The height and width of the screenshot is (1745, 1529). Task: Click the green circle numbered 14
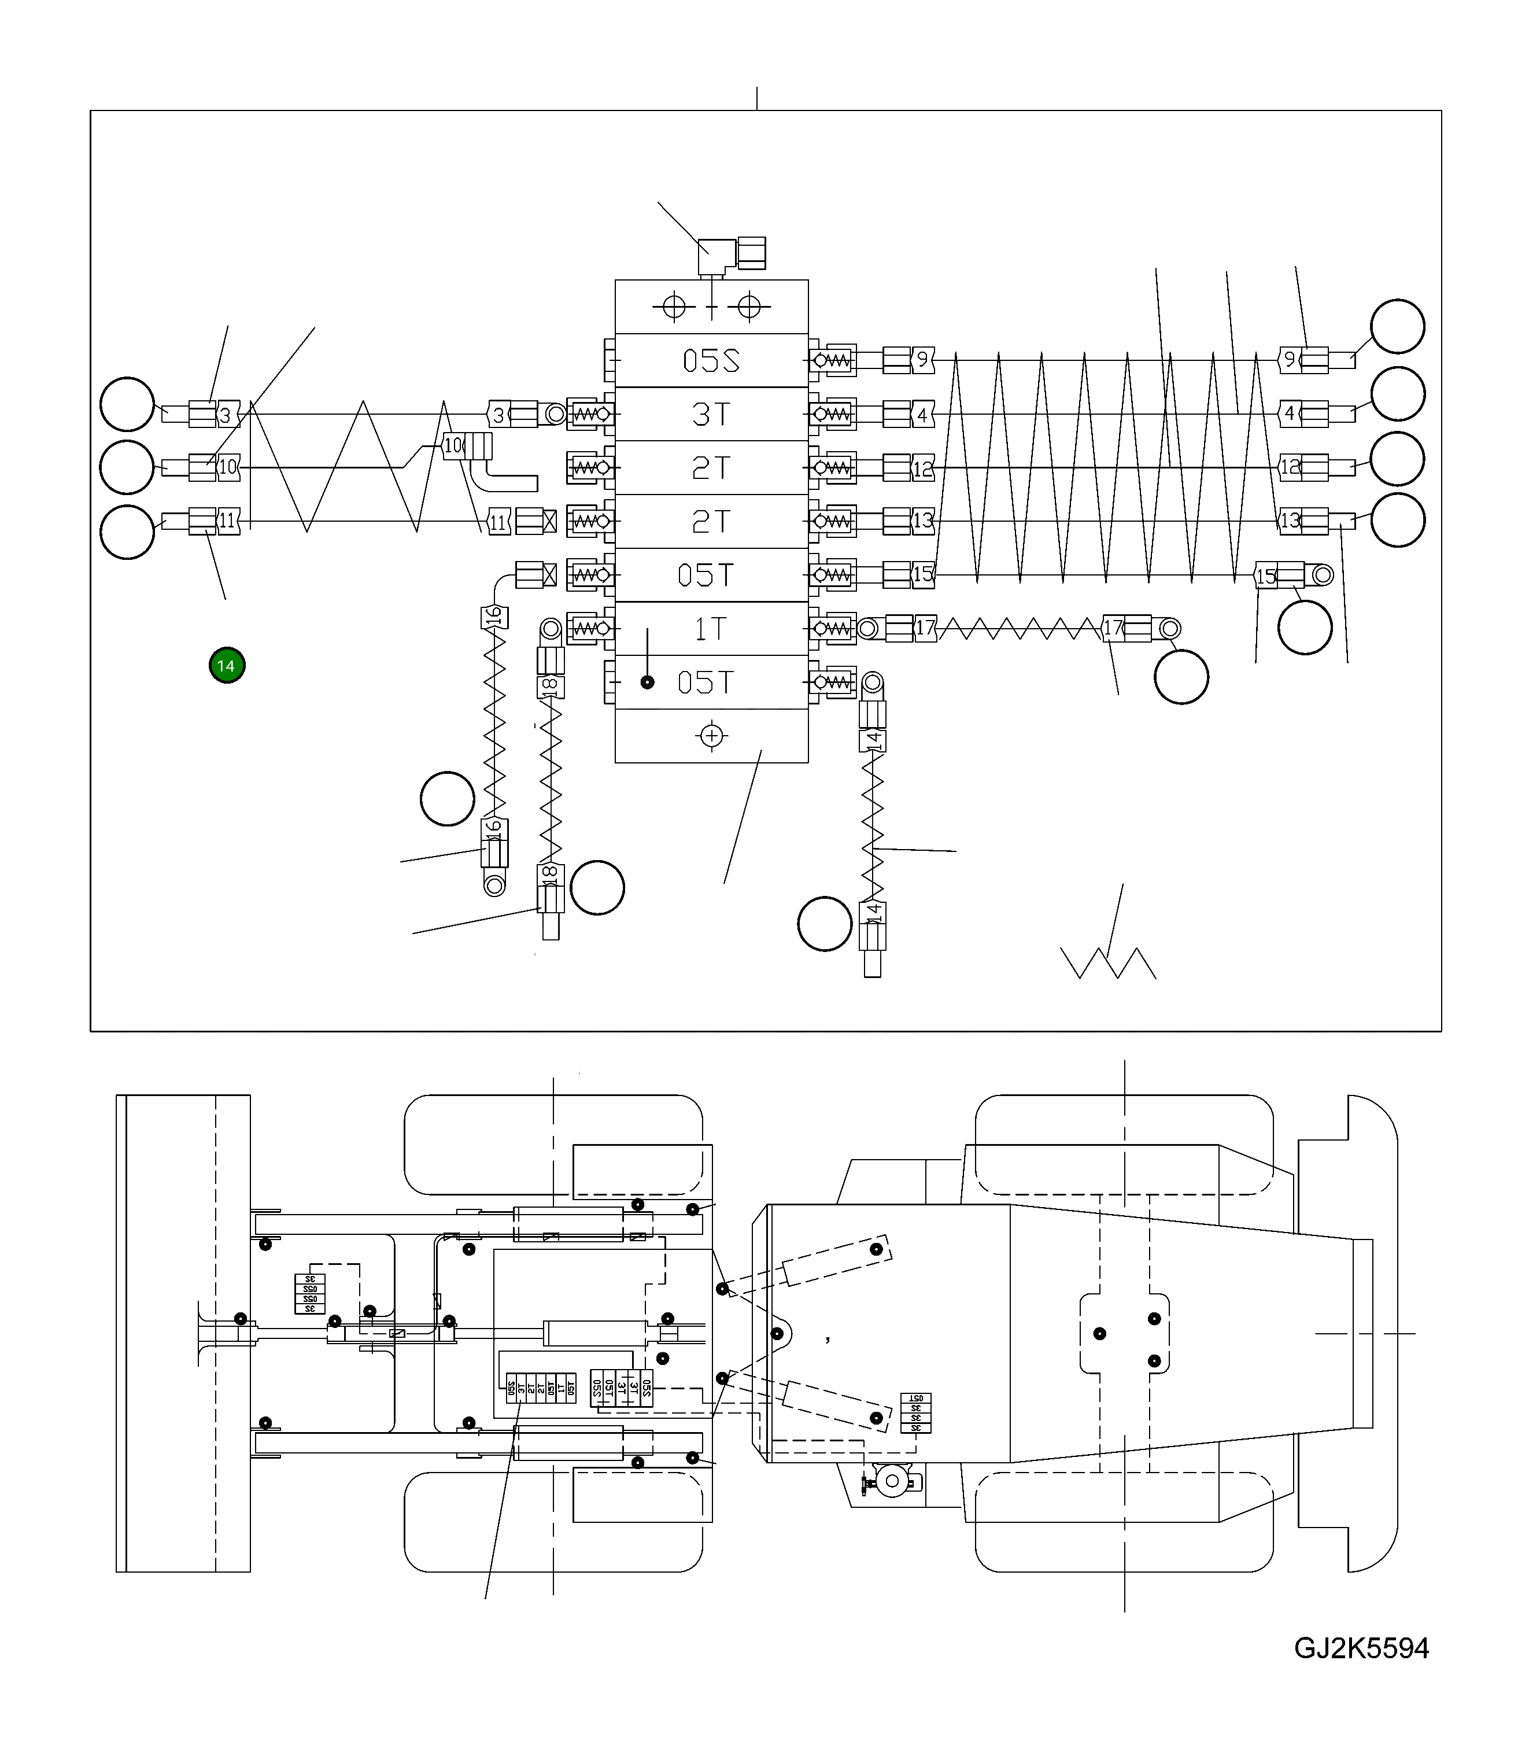click(x=227, y=666)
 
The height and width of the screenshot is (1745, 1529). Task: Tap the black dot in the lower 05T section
click(x=648, y=682)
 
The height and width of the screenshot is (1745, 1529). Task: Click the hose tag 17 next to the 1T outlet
click(x=925, y=629)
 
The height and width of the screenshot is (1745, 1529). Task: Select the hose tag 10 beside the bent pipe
click(x=453, y=445)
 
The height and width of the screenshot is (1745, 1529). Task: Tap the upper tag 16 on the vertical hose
click(x=494, y=617)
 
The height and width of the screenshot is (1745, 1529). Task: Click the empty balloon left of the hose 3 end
click(x=127, y=404)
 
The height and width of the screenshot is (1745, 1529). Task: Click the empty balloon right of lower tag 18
click(x=597, y=887)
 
